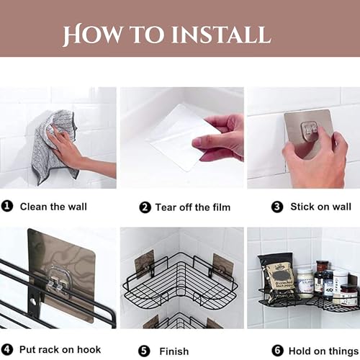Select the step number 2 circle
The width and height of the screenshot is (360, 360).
pos(144,207)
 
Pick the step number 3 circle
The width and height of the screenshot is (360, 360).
pos(276,207)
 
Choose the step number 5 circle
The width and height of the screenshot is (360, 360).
pos(144,351)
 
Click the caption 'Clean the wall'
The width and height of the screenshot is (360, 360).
pos(53,207)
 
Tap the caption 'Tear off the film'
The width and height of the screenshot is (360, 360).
pos(192,207)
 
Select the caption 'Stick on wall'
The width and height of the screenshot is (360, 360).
pos(320,207)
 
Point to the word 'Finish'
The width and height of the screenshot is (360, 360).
pos(174,351)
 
